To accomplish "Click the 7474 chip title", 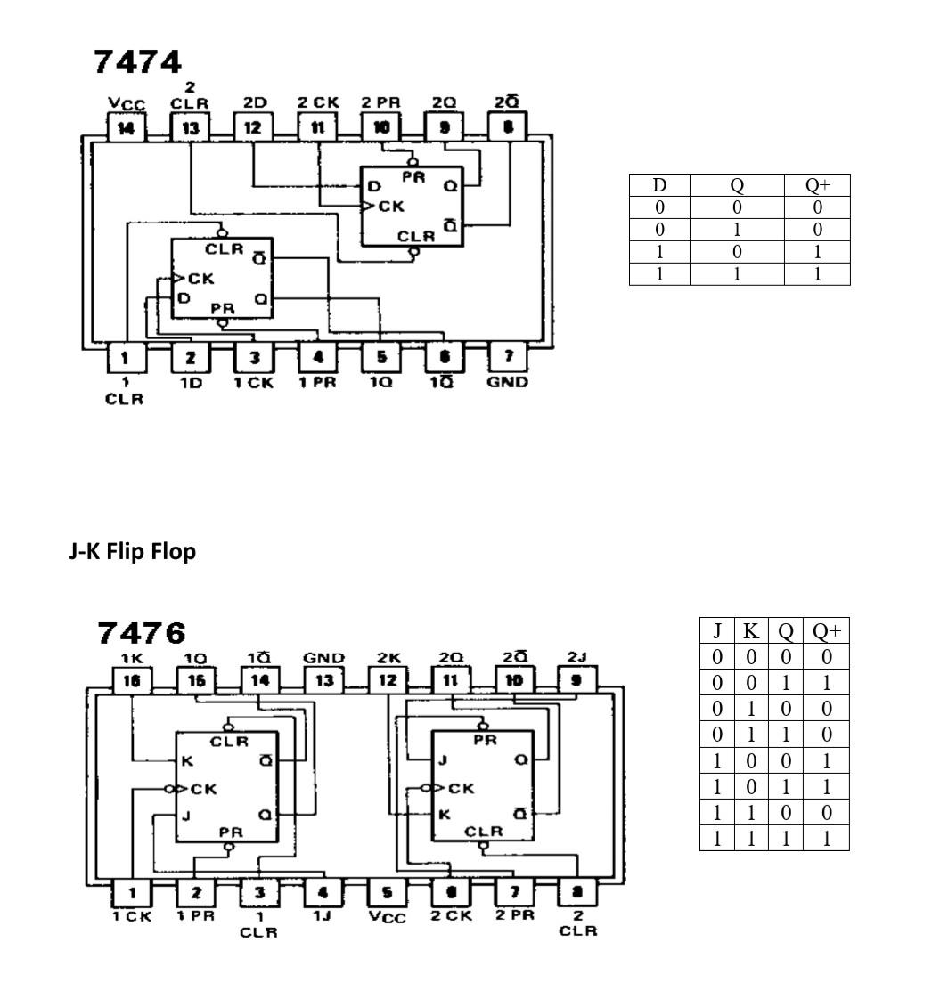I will click(138, 62).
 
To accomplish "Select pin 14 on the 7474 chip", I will click(127, 127).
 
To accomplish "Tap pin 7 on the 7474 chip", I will click(508, 357).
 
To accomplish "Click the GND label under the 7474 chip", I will click(508, 382).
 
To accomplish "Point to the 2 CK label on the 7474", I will click(318, 102).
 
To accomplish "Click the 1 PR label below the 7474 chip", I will click(318, 382).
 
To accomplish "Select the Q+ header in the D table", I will click(817, 185).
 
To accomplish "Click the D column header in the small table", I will click(659, 185).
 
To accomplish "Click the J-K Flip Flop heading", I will click(133, 552).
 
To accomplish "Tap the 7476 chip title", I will click(142, 633).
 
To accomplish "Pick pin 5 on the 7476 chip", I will click(388, 891).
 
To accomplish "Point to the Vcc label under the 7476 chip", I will click(388, 916).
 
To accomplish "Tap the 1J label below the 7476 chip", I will click(323, 915).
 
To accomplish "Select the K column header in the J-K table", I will click(751, 631).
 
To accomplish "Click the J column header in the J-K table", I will click(717, 631).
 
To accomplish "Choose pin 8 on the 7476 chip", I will click(578, 891).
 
